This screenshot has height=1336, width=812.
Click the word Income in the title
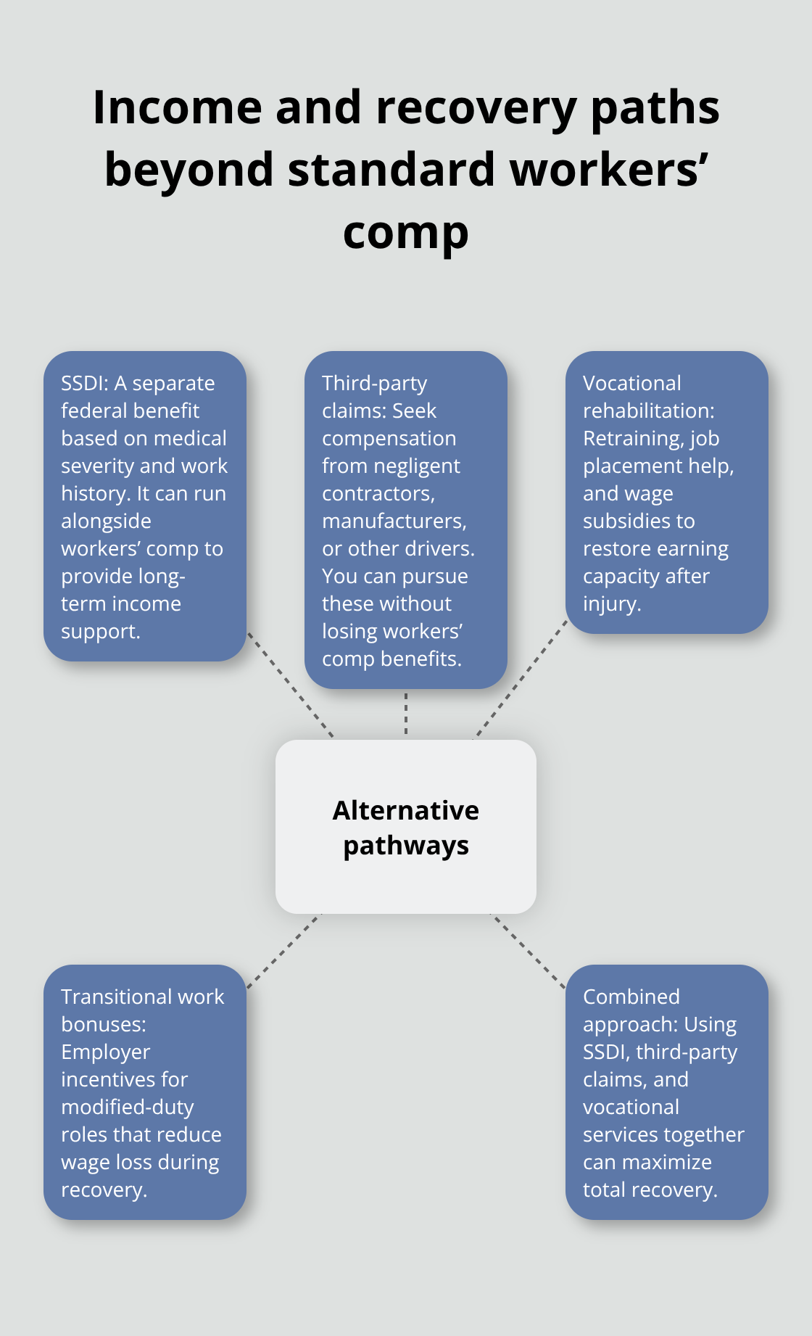(176, 107)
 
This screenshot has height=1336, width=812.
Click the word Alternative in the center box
(405, 810)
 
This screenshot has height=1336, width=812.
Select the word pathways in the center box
(405, 846)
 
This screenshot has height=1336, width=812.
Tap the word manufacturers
(394, 521)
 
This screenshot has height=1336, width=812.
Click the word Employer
(105, 1052)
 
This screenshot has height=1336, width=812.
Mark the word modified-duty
(127, 1107)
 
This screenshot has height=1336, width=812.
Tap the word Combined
(631, 997)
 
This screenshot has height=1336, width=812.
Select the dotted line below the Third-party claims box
(406, 714)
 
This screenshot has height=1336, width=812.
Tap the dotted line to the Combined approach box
(529, 951)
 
